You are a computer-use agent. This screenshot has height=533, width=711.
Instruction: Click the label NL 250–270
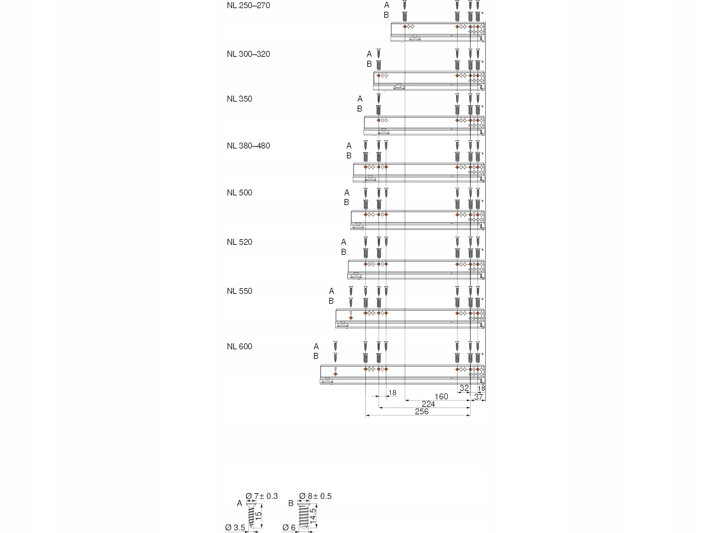coord(248,6)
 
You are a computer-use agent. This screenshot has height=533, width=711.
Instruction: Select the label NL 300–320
coord(248,54)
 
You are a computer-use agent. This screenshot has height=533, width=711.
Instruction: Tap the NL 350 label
coord(239,99)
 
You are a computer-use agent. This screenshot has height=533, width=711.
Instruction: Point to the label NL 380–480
coord(248,146)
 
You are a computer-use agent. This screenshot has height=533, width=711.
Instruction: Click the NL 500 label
coord(239,193)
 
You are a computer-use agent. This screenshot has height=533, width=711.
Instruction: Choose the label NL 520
coord(239,242)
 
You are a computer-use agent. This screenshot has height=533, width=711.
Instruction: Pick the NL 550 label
coord(239,291)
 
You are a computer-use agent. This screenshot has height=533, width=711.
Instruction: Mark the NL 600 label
coord(239,347)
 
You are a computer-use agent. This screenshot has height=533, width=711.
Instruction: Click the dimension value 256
coord(422,411)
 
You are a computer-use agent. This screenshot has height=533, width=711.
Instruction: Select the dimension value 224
coord(428,404)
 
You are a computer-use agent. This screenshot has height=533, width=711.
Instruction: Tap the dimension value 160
coord(441,397)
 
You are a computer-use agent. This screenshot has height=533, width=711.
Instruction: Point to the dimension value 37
coord(479,397)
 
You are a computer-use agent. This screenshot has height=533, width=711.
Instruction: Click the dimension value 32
coord(464,388)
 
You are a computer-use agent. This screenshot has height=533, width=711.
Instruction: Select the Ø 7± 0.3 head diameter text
coord(262,496)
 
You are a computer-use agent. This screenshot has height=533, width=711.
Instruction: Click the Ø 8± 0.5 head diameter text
coord(315,496)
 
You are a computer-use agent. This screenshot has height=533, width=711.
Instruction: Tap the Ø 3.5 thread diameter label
coord(235,528)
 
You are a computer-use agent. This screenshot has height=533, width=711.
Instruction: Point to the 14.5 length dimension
coord(313,516)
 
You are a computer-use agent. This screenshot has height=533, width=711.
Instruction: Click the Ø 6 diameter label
coord(289,528)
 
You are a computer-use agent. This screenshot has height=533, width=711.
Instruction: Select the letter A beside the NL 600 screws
coord(316,346)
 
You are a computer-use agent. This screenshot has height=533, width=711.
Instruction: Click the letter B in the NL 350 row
coord(359,109)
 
